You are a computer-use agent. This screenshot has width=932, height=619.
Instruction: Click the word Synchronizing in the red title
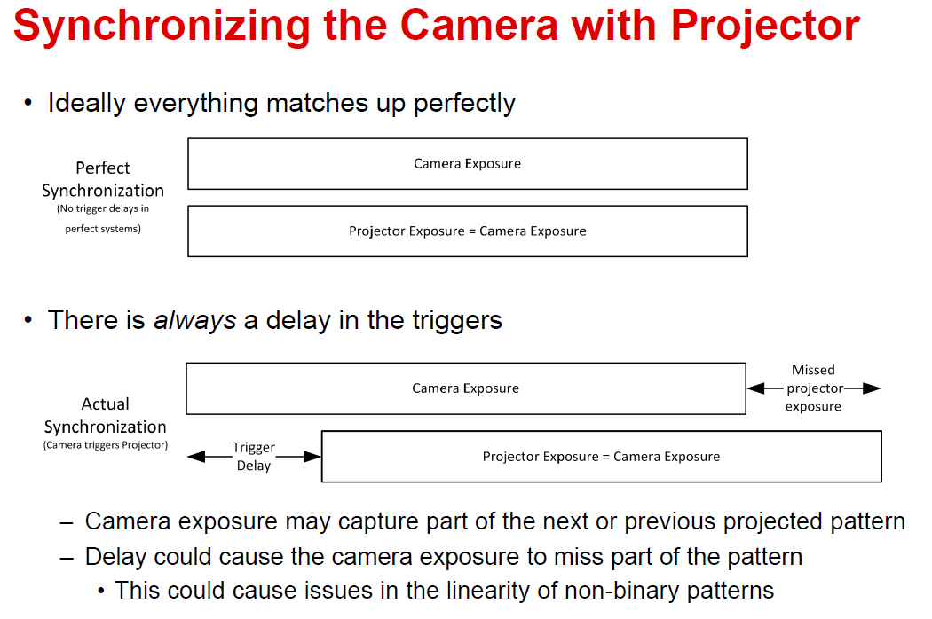[161, 26]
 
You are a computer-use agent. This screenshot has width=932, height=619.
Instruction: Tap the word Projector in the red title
[765, 26]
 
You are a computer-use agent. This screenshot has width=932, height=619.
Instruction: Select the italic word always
[194, 321]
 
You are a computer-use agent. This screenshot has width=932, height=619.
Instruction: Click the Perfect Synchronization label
[103, 179]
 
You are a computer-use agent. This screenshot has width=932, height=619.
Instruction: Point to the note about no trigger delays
[103, 218]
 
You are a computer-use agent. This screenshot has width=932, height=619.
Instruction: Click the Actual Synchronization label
[106, 415]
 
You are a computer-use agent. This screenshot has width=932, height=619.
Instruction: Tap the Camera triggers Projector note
[106, 445]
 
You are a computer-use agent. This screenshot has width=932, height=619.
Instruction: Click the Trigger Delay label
[254, 456]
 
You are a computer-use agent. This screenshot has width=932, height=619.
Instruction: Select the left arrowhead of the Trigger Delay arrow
[196, 456]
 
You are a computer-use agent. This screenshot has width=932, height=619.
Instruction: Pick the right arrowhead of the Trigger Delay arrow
[312, 456]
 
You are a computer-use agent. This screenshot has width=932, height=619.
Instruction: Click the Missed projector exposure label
[813, 388]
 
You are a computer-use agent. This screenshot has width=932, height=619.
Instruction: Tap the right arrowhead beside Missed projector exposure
[872, 388]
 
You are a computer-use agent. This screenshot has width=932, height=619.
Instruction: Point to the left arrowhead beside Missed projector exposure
[756, 388]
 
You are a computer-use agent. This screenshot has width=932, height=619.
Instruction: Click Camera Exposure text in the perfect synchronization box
[467, 164]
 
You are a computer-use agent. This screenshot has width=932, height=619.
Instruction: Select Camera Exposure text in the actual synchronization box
[465, 388]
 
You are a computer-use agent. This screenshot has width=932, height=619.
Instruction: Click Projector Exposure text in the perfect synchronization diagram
[407, 231]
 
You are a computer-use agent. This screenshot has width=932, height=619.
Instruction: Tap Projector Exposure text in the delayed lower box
[541, 456]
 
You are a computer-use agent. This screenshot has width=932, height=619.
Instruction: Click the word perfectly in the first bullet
[465, 104]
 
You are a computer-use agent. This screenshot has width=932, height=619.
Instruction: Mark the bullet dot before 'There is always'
[28, 320]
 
